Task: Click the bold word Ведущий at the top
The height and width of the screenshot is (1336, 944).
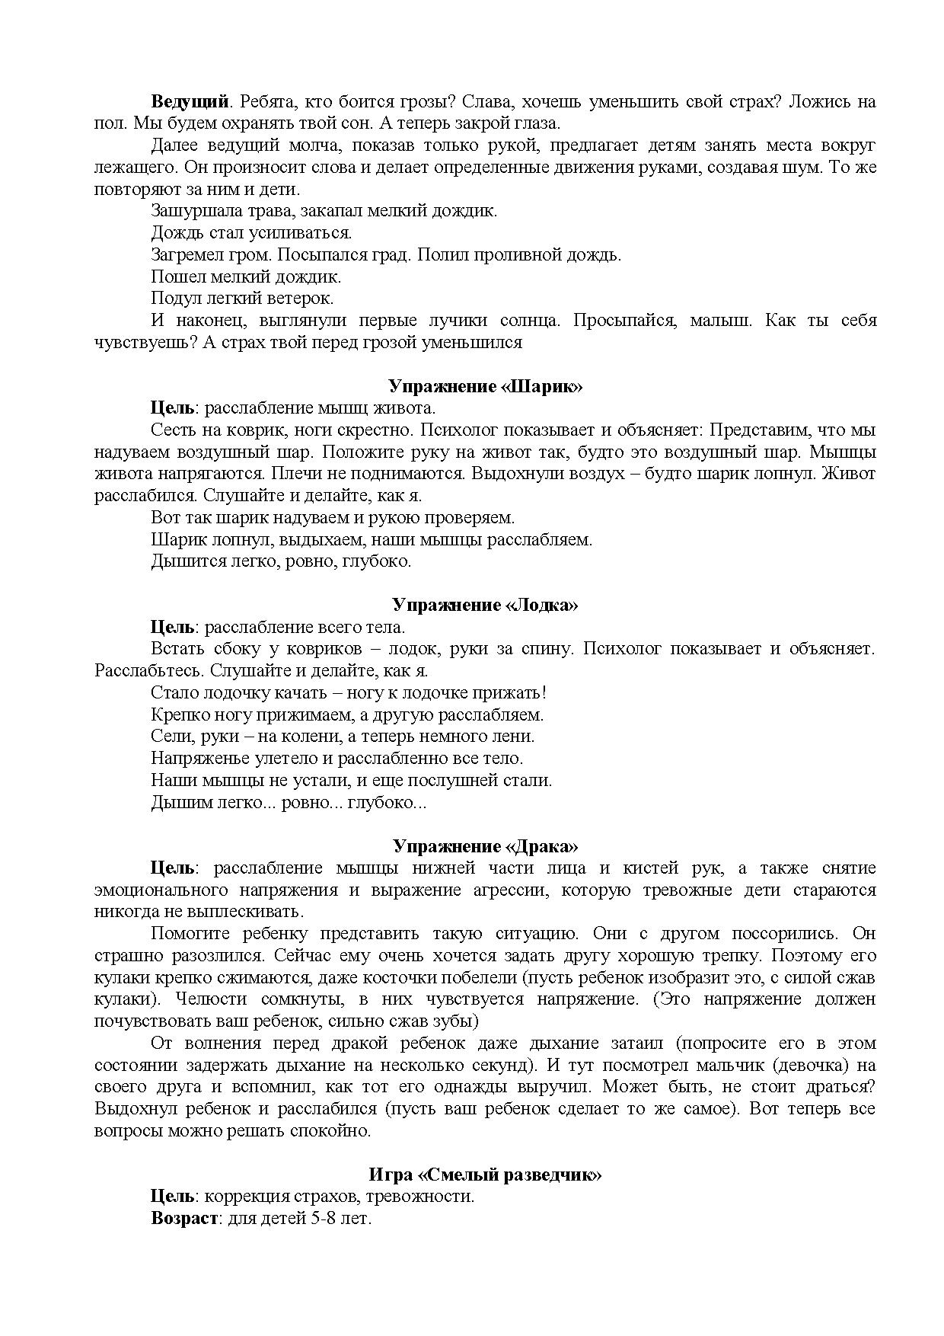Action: pyautogui.click(x=190, y=101)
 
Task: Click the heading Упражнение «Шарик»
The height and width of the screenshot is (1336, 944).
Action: pyautogui.click(x=485, y=386)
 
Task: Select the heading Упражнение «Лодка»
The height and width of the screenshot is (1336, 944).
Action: pyautogui.click(x=485, y=606)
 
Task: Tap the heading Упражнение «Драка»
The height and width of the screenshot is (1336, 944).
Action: pyautogui.click(x=485, y=846)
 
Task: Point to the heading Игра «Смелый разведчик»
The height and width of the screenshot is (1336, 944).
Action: pyautogui.click(x=485, y=1175)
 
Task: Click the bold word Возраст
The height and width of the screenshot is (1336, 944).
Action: pyautogui.click(x=185, y=1219)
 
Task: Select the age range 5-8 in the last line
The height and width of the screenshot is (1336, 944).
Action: pyautogui.click(x=325, y=1219)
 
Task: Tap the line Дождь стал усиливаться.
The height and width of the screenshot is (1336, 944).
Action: pyautogui.click(x=251, y=233)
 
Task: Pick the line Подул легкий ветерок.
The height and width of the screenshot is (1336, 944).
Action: pyautogui.click(x=242, y=299)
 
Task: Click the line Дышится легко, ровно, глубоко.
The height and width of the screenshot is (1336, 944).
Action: pyautogui.click(x=281, y=561)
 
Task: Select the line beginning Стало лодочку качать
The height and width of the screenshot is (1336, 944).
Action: pyautogui.click(x=349, y=693)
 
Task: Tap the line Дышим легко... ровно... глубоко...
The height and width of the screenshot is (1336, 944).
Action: pyautogui.click(x=289, y=803)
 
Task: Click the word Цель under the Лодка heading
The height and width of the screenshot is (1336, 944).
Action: pyautogui.click(x=172, y=628)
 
